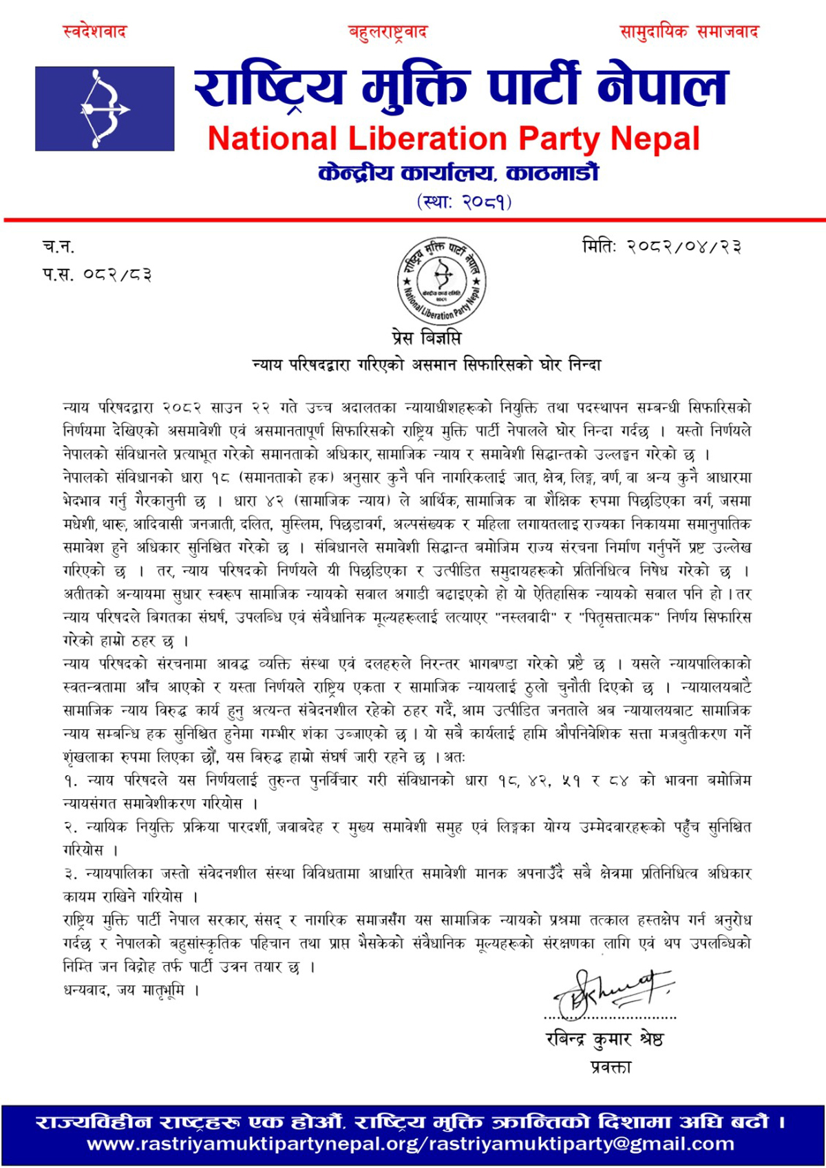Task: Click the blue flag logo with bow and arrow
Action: pyautogui.click(x=105, y=109)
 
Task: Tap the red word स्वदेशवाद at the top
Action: pyautogui.click(x=95, y=32)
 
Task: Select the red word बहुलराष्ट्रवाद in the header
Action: pyautogui.click(x=388, y=32)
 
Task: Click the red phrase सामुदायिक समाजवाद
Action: pyautogui.click(x=689, y=32)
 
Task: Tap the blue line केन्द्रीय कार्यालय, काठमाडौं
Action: pyautogui.click(x=458, y=173)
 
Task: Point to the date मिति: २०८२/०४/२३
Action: pyautogui.click(x=661, y=246)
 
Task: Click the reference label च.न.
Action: pyautogui.click(x=59, y=246)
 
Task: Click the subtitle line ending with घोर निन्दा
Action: pyautogui.click(x=427, y=365)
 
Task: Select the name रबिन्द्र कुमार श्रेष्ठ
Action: pyautogui.click(x=604, y=1039)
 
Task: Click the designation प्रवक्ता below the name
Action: pyautogui.click(x=611, y=1067)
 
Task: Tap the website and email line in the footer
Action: pyautogui.click(x=410, y=1144)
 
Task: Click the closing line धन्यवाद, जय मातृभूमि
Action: pyautogui.click(x=131, y=990)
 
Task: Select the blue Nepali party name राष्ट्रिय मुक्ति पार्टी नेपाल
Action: pyautogui.click(x=460, y=88)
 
